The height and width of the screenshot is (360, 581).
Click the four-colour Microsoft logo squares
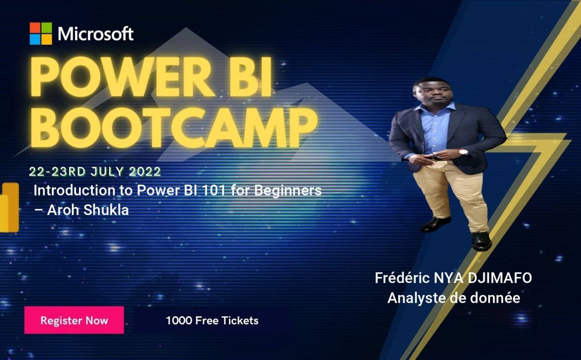41,34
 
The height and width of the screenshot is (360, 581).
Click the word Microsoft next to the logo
96,34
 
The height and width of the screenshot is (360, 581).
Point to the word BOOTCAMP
174,128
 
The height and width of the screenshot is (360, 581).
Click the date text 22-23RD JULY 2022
95,171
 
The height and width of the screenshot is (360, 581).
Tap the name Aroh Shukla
88,210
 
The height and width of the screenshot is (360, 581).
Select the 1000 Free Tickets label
212,320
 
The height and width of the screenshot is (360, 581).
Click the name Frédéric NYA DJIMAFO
453,278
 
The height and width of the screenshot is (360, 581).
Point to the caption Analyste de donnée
453,298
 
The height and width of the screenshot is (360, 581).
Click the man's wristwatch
463,151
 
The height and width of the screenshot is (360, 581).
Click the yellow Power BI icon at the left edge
9,207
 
